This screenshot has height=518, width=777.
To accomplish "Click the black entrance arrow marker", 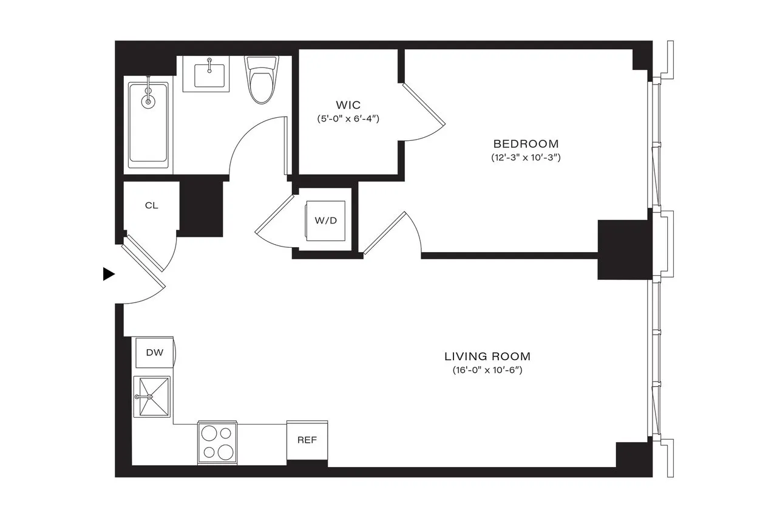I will pos(109,274).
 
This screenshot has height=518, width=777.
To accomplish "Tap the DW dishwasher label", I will pos(154,352).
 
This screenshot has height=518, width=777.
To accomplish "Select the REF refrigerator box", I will pos(307,440).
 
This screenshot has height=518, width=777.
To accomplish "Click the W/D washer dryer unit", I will pos(325,220).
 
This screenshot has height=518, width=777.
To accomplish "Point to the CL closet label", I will pos(151,205).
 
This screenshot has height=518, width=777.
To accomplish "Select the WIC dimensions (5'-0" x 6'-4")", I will pos(348,119).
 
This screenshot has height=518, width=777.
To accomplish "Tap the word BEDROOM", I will pos(526,144).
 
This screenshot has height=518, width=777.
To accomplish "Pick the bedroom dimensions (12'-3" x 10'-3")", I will pos(526,157).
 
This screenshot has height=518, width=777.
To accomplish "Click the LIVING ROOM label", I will pos(487,356).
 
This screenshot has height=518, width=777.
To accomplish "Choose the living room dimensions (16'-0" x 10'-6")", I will pos(487,370).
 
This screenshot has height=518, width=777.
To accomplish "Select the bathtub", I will pos(148,124).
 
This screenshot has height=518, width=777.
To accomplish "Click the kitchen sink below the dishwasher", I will pos(152,397).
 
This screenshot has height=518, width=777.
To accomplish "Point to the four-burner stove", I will pos(217,443).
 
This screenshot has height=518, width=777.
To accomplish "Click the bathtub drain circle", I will pos(148,101).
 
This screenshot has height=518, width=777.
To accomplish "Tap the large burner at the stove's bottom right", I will pos(225,452).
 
